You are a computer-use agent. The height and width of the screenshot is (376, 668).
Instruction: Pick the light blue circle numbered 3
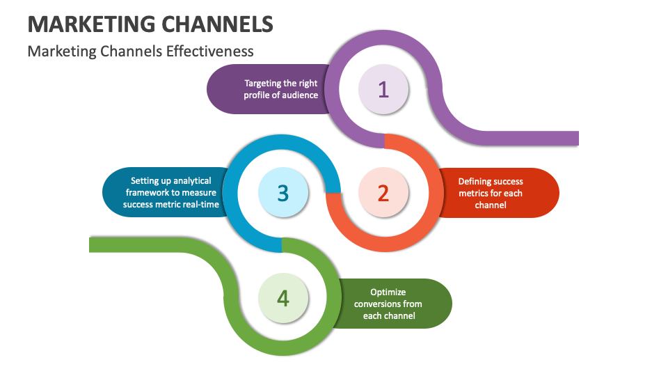283,193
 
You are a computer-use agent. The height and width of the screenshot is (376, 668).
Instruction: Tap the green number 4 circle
283,298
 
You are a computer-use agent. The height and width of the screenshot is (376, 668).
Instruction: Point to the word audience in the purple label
299,95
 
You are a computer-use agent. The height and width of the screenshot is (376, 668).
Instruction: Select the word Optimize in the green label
388,292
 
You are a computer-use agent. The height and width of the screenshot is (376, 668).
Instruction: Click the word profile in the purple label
256,95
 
